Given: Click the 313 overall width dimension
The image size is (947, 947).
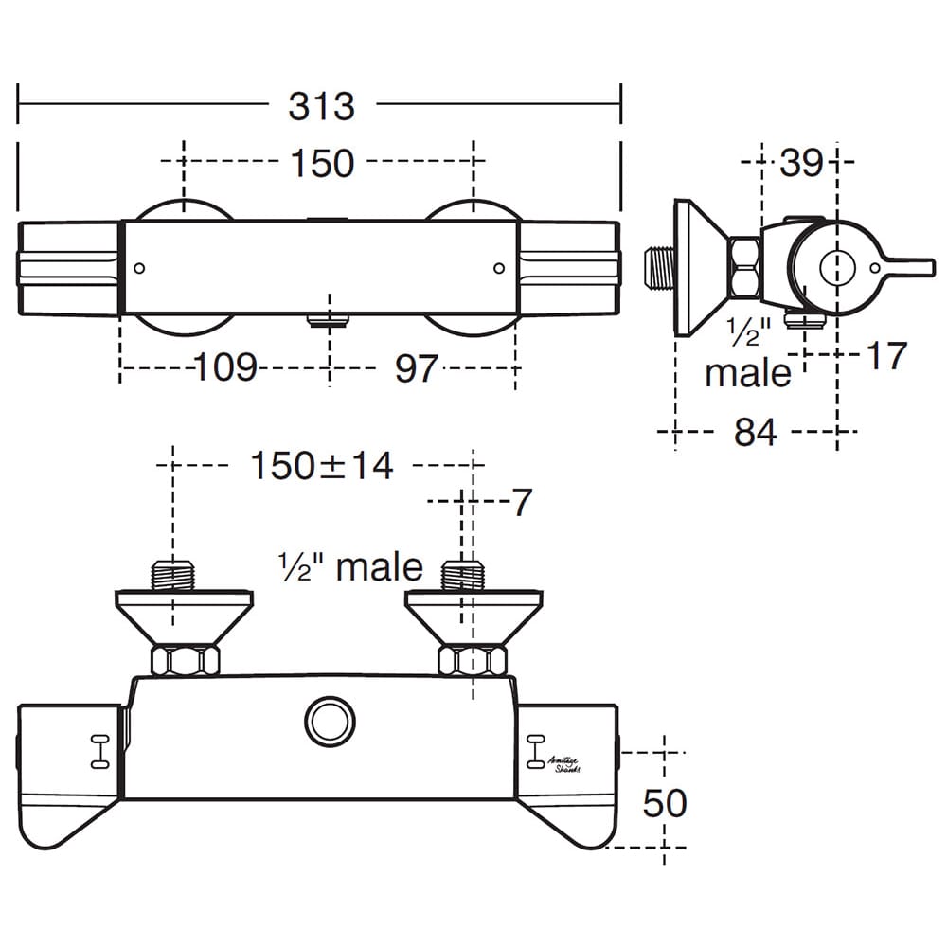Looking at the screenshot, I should [322, 106].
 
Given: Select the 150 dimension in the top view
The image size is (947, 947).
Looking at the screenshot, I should [322, 163].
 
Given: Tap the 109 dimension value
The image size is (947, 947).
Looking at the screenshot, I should [225, 367].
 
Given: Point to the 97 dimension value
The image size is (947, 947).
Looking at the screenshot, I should [417, 367].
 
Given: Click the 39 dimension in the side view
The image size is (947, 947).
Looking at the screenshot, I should [802, 164].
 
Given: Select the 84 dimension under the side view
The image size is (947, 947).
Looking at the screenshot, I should [755, 433].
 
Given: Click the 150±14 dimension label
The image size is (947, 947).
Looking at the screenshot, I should [321, 466].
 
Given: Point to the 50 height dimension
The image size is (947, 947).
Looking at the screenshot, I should [664, 804].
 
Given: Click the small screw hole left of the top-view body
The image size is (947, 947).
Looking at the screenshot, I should [139, 269].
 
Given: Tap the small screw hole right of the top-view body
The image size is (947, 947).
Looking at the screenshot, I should [500, 269].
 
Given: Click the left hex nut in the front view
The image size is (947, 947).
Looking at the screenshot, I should [185, 660].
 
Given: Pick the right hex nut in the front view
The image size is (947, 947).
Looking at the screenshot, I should [472, 660].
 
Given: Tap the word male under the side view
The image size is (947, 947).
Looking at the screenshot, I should [747, 372].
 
